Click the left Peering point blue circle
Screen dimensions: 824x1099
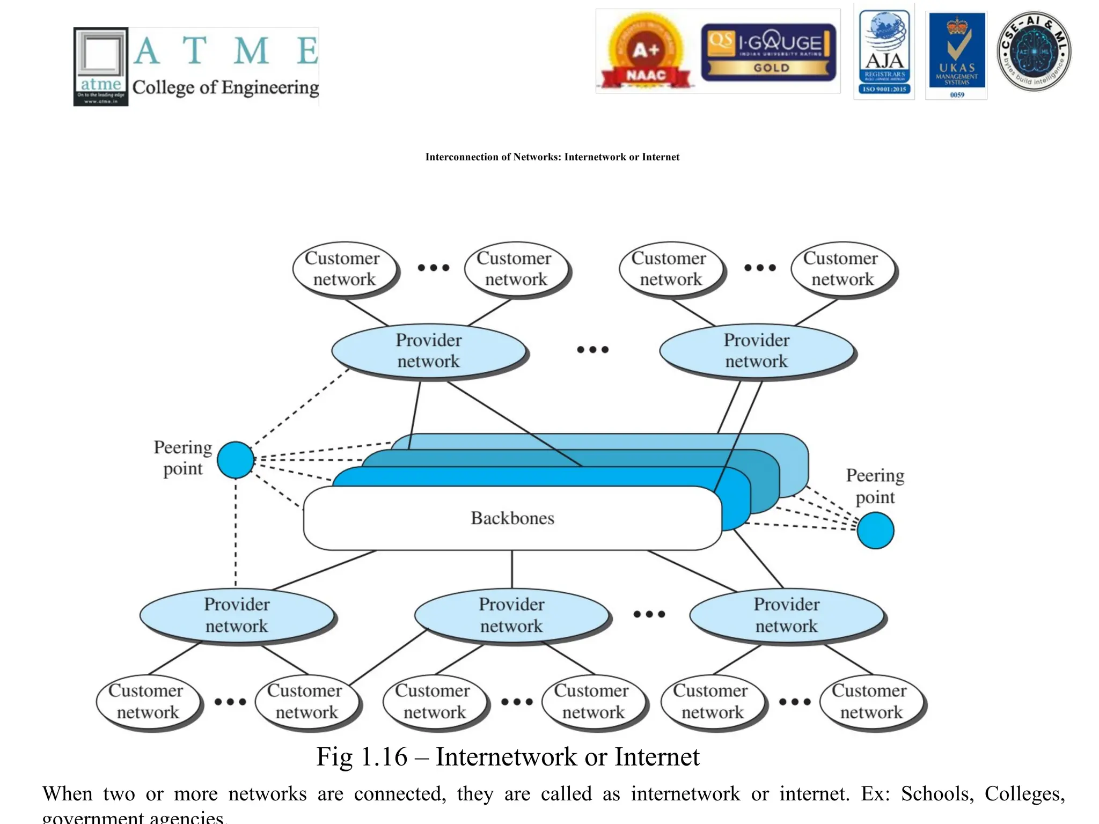pyautogui.click(x=236, y=460)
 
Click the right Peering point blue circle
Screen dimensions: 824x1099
pyautogui.click(x=875, y=531)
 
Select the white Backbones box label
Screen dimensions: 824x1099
pyautogui.click(x=512, y=518)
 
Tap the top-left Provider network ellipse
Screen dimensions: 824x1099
pyautogui.click(x=429, y=351)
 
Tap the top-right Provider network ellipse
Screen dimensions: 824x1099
pyautogui.click(x=757, y=351)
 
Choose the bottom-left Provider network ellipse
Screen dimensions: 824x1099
pyautogui.click(x=237, y=615)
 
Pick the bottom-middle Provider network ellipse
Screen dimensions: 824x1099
pyautogui.click(x=511, y=615)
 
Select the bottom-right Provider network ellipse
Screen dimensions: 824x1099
pyautogui.click(x=787, y=615)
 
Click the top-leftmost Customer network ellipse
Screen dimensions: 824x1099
pyautogui.click(x=343, y=269)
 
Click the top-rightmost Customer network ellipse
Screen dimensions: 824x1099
pyautogui.click(x=842, y=269)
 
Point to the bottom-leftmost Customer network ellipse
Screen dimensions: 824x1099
pyautogui.click(x=147, y=702)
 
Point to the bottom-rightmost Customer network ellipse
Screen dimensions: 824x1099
pyautogui.click(x=870, y=702)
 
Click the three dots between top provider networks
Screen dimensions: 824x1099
pyautogui.click(x=592, y=350)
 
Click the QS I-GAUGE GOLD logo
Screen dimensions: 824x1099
pyautogui.click(x=768, y=52)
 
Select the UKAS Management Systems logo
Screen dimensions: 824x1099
pyautogui.click(x=957, y=55)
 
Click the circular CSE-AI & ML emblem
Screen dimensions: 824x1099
pyautogui.click(x=1034, y=51)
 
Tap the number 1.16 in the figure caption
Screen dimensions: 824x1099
pyautogui.click(x=384, y=757)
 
